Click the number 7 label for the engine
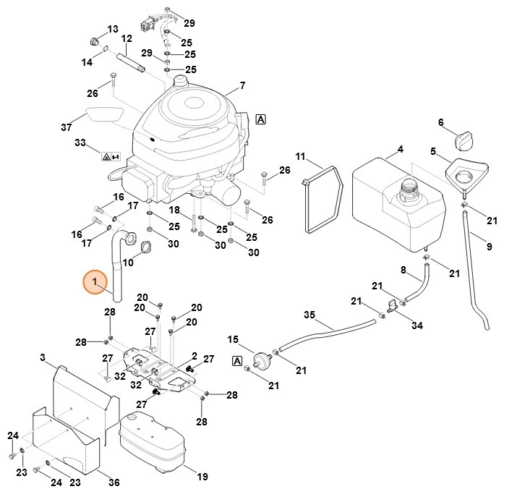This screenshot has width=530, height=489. tap(242, 85)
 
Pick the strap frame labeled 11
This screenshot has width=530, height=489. tap(322, 200)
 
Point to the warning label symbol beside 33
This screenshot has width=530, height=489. tap(111, 156)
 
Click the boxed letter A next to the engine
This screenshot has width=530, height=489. tap(260, 119)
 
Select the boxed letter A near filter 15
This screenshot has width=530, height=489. tap(236, 360)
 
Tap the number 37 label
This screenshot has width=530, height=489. tap(67, 127)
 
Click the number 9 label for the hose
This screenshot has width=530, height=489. tap(489, 247)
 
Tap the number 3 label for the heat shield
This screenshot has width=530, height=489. tap(43, 357)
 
